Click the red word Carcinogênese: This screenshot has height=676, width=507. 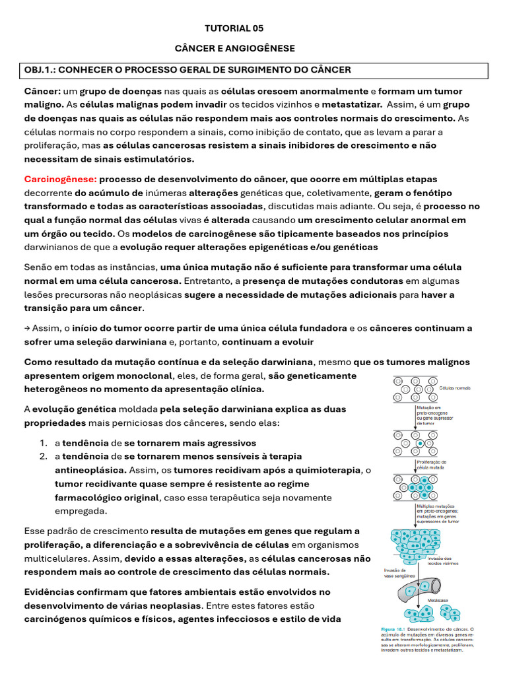(x=61, y=180)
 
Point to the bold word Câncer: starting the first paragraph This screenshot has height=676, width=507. (x=42, y=91)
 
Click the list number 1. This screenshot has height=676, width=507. (x=42, y=442)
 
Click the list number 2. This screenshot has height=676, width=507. (x=42, y=456)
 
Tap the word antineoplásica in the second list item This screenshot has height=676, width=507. (x=90, y=469)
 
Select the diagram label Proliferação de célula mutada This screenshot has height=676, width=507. (x=432, y=465)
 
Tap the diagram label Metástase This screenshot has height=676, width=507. (x=438, y=600)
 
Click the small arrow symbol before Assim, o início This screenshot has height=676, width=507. (x=27, y=328)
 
